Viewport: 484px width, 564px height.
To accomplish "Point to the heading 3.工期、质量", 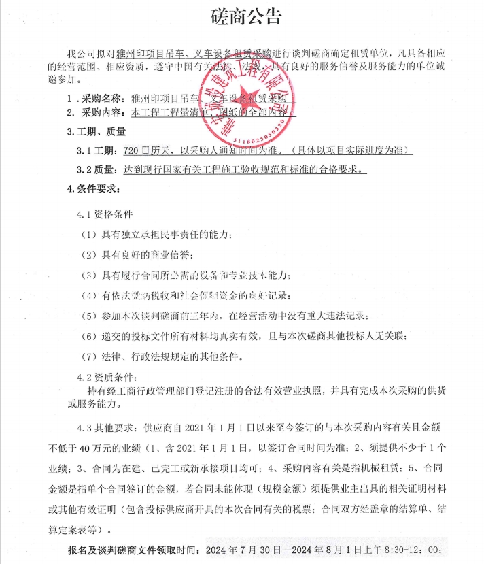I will tap(97, 131).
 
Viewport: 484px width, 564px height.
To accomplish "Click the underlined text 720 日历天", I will tap(140, 150).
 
